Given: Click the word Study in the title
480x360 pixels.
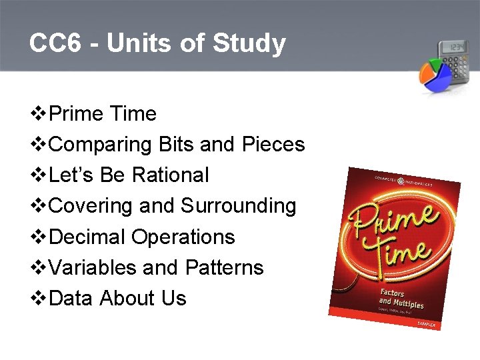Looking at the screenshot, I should pyautogui.click(x=249, y=44).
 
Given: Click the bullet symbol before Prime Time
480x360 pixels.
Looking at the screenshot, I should pyautogui.click(x=39, y=114).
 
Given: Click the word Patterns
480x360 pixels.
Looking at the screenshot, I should pyautogui.click(x=224, y=267).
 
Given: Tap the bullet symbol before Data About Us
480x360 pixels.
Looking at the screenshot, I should pyautogui.click(x=39, y=298).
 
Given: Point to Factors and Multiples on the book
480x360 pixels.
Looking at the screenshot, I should pyautogui.click(x=401, y=299).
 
